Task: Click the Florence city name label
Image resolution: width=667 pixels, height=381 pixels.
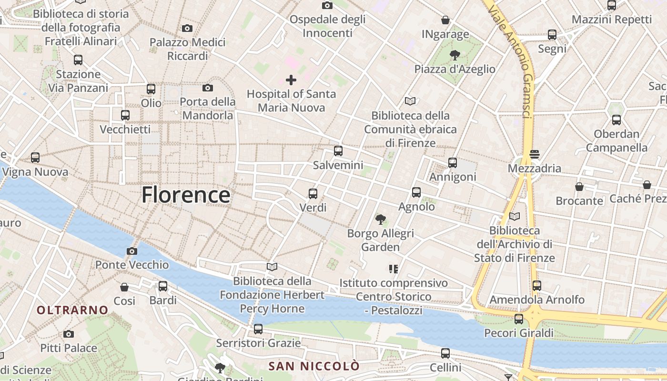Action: point(186,195)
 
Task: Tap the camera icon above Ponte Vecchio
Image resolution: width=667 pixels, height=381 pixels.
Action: point(132,251)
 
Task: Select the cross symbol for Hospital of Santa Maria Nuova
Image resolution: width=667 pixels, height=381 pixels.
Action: point(291,80)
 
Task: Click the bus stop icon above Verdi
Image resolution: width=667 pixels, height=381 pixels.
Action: point(313,194)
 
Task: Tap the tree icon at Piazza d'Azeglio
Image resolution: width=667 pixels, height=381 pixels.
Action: point(455,55)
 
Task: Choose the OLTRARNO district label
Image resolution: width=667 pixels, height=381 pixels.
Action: point(73,310)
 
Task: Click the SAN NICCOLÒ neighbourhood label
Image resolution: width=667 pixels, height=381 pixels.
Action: point(314,366)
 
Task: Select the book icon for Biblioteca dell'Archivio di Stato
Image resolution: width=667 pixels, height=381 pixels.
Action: point(514,217)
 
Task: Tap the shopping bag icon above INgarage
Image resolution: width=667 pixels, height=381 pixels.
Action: point(445,20)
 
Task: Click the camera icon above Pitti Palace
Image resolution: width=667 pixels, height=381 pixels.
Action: point(69,334)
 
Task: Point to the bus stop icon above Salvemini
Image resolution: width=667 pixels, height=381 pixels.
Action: point(338,151)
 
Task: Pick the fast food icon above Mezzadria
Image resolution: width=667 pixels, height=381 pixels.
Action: point(534,154)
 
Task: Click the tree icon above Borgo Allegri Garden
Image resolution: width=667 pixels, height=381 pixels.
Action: point(380,220)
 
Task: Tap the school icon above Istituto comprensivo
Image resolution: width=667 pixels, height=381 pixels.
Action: point(394,269)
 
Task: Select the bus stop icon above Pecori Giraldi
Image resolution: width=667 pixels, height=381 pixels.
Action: point(519,319)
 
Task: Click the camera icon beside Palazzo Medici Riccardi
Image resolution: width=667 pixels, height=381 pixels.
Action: point(187,29)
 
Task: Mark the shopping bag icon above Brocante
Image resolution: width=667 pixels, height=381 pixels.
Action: point(579,187)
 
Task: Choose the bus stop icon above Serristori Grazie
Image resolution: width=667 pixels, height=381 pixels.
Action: point(258,329)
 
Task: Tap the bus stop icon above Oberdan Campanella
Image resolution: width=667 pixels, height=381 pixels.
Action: point(616,120)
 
